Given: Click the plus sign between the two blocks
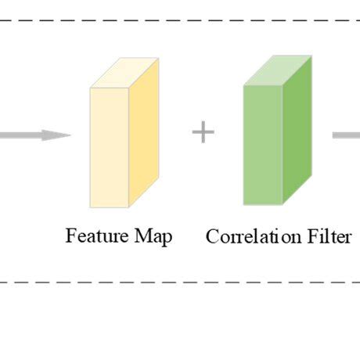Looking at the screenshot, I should (203, 132).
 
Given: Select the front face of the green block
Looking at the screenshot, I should (262, 145).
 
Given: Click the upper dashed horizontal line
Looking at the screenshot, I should (180, 21).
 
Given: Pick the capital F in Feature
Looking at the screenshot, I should (70, 236).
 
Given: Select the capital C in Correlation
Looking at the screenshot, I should (211, 236).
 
